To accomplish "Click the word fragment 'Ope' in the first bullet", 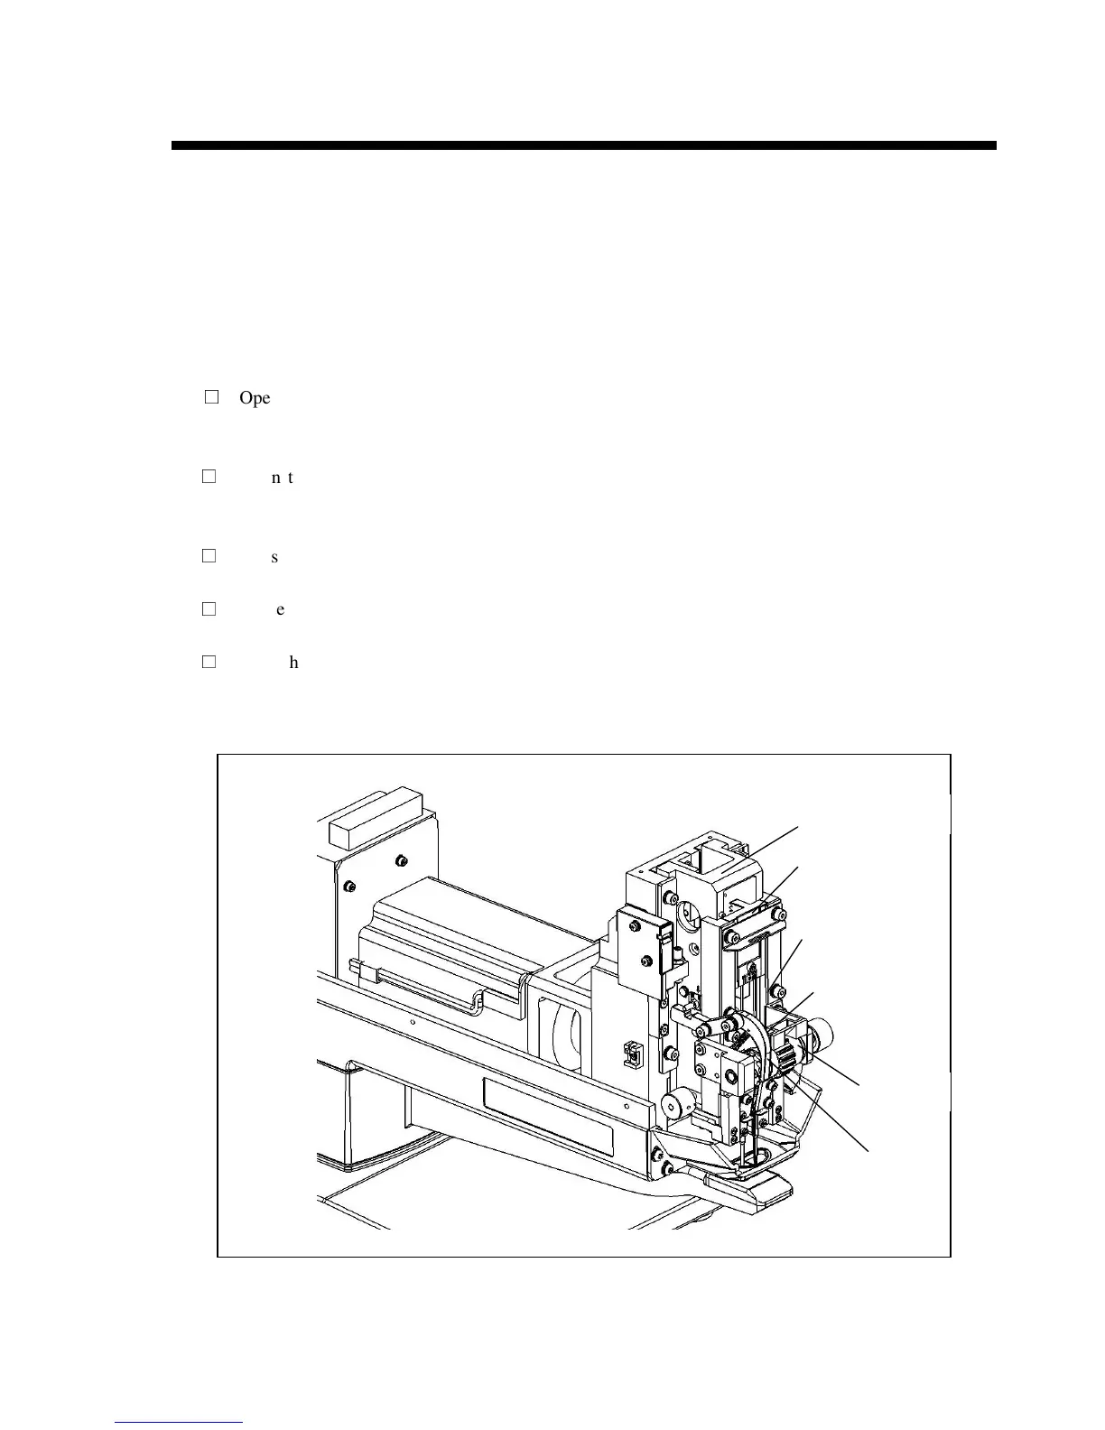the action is [x=255, y=398].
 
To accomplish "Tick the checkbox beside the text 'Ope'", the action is [x=212, y=396].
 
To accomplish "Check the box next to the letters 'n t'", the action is [x=209, y=476].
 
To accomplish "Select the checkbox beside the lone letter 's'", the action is [x=209, y=556].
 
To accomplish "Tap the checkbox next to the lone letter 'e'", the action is [x=209, y=608].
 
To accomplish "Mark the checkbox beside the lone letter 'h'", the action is [x=209, y=662].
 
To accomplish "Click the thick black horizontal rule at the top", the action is [x=583, y=145].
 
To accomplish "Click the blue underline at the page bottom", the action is [x=180, y=1422].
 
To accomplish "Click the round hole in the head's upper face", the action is [x=688, y=917].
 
